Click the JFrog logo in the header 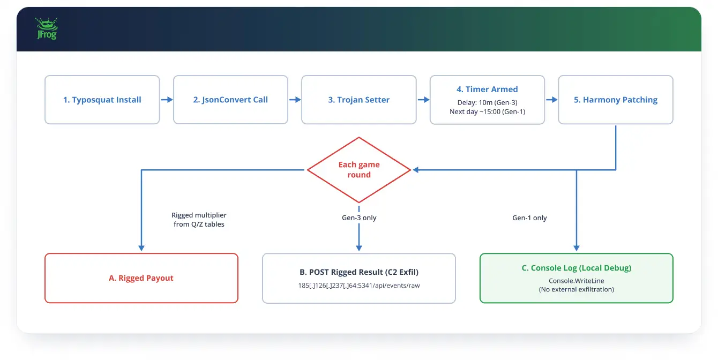[x=47, y=28]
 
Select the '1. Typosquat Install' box [x=102, y=100]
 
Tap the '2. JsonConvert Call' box [x=230, y=100]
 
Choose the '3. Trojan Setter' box [x=358, y=100]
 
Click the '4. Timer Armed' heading [x=487, y=89]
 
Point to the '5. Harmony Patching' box [x=616, y=100]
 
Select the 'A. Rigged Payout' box [x=141, y=278]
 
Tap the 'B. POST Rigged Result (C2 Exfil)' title [x=359, y=272]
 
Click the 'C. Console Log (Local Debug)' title [x=577, y=268]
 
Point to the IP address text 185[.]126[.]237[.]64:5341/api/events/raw [x=359, y=286]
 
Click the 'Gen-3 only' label [x=359, y=217]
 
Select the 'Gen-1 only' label [x=529, y=217]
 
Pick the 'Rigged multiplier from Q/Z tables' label [x=199, y=220]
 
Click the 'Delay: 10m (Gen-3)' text [x=487, y=102]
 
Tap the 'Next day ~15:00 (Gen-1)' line [x=487, y=111]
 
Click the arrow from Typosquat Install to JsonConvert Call [x=167, y=100]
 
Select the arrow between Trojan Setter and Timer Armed [x=423, y=100]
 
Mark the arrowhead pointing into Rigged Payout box [x=141, y=248]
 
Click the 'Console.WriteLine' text [x=577, y=281]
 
